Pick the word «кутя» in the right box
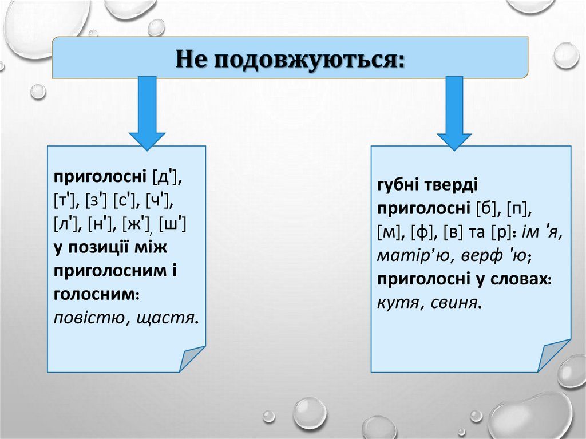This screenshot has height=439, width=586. click(x=396, y=303)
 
